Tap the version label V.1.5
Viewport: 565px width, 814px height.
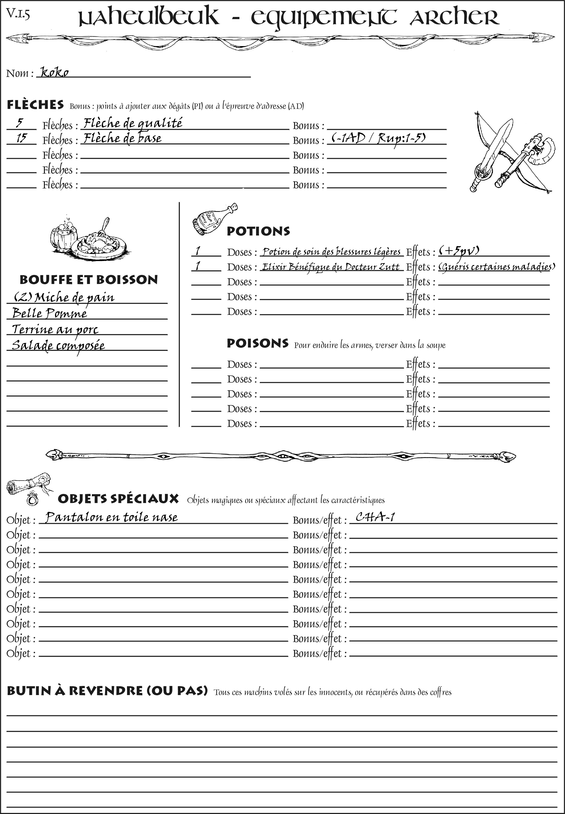point(18,14)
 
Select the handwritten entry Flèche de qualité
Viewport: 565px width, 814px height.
point(133,123)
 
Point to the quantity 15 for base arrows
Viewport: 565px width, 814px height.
point(21,138)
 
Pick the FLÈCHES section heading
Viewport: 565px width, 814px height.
point(35,105)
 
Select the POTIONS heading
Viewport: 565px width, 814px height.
point(258,231)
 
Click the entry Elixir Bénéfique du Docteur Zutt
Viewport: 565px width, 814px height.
point(331,267)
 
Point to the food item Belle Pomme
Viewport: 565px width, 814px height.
point(50,313)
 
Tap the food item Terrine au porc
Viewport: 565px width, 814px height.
point(55,329)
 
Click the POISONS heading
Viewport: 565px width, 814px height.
point(257,343)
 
